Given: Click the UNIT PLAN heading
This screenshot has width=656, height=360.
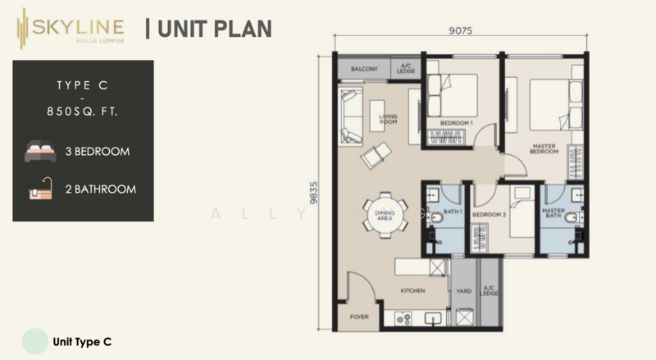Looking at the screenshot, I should (209, 30).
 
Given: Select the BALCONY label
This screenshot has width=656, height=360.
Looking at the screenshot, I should (364, 70).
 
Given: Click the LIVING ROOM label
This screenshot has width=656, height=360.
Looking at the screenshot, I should (388, 119).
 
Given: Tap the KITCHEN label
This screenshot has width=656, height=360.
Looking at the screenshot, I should (411, 289).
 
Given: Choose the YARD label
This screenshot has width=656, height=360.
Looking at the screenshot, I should (464, 289).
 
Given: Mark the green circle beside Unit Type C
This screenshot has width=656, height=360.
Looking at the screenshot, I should (34, 340).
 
